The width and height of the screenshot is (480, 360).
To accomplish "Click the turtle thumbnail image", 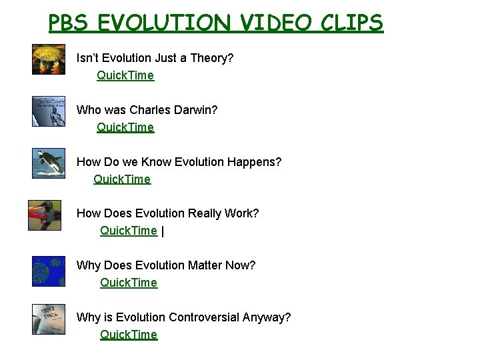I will pos(49,59).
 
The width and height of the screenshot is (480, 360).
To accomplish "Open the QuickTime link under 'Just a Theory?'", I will pos(125,75).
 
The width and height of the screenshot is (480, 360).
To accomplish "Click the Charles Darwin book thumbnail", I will pos(49,111).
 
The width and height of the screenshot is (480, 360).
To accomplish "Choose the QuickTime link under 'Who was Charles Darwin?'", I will pos(125,127).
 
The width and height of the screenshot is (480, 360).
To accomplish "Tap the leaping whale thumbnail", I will pos(49,163).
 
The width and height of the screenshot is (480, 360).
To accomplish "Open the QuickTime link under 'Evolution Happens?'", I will pos(122,179).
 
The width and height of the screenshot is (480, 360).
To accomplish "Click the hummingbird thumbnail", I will pos(45,215).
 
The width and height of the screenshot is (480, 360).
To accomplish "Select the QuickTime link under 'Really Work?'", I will pos(129,231).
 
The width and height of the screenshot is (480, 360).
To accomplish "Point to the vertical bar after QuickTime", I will pos(163,231).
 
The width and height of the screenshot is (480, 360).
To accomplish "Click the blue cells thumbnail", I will pos(49,271).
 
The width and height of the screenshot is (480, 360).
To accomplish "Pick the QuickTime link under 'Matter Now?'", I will pos(129,283).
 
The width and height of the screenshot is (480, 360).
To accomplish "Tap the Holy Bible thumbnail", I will pos(49,319).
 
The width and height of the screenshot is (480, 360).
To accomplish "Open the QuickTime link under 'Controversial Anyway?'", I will pos(129,335).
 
